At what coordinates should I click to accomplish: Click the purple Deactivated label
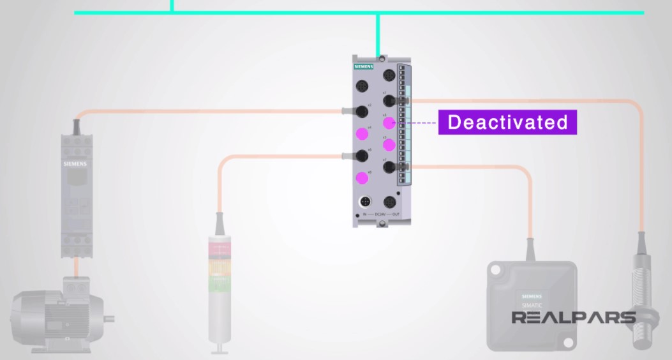pos(507,122)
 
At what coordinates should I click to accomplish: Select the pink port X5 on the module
pos(387,144)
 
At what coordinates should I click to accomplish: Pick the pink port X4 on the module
pos(362,133)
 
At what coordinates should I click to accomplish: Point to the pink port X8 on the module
pos(362,177)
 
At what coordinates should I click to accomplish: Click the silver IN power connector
pos(365,202)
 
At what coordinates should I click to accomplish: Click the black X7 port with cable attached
pos(387,167)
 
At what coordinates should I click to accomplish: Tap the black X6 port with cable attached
pos(362,155)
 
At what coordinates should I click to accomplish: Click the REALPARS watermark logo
pos(573,317)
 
